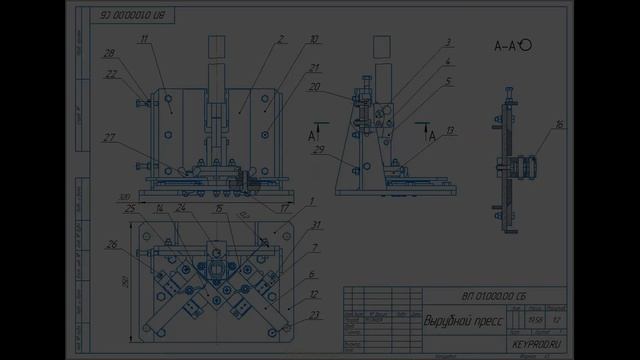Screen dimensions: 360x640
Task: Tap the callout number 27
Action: [109, 138]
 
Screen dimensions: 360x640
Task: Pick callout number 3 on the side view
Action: [449, 42]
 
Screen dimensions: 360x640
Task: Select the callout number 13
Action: [451, 130]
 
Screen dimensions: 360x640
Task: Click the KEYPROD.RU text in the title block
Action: [537, 343]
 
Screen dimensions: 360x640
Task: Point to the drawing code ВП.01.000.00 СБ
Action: [494, 297]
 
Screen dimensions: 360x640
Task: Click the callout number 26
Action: [111, 244]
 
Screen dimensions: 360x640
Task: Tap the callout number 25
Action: [130, 208]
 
